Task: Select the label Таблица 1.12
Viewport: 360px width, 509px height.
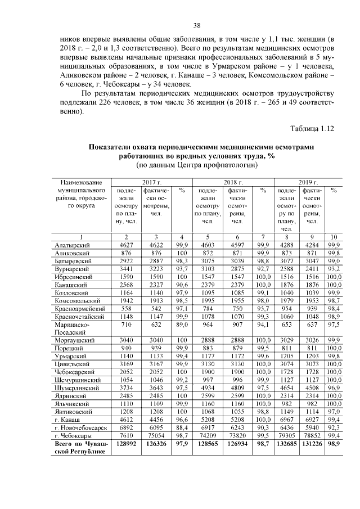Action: point(312,128)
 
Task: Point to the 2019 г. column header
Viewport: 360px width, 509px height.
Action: point(308,182)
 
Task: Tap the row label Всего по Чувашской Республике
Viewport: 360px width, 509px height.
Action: point(79,447)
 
